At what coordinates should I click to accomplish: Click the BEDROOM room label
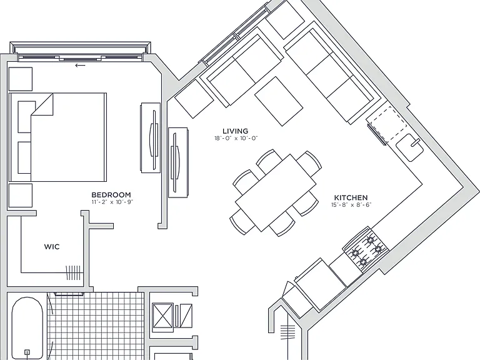111,195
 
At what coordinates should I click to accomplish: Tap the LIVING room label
235,131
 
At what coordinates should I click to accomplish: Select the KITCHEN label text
351,197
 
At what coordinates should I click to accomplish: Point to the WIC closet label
52,246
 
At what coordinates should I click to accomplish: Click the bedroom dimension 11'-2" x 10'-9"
112,202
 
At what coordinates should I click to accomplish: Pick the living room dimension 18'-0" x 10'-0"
236,138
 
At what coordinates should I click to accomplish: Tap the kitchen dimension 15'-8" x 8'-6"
351,205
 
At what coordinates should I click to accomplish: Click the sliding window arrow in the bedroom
80,65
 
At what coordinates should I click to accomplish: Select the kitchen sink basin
410,147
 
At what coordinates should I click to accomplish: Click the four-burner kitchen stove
366,249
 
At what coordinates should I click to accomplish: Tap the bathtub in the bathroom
27,327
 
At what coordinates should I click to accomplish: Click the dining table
276,192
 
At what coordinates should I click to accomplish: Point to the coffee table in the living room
279,101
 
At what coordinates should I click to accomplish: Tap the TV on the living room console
176,163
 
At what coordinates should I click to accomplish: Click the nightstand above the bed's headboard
21,79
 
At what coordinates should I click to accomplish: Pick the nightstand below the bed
21,195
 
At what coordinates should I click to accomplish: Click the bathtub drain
27,352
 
